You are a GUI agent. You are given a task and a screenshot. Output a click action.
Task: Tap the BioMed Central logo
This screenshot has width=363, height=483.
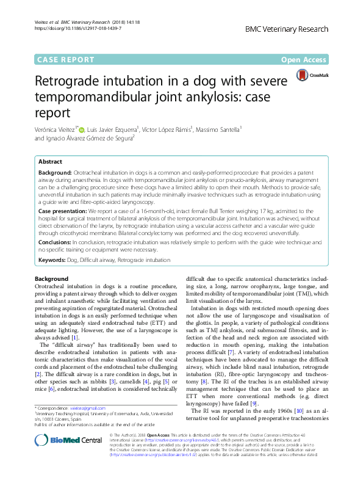pos(59,457)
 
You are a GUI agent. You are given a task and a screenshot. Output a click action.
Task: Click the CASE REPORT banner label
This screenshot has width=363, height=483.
pos(66,60)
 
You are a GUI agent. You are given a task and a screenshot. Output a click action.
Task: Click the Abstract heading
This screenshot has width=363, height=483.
pos(50,162)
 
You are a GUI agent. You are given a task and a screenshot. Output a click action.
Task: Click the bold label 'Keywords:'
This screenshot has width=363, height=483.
pos(52,260)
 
